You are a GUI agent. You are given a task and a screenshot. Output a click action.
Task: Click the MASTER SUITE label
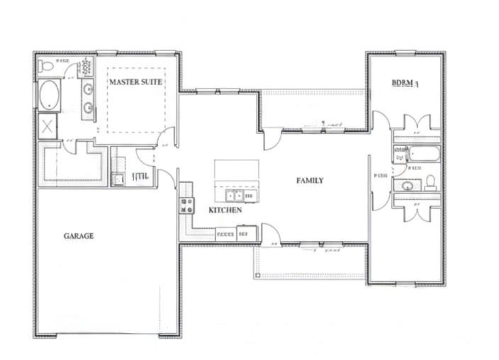coord(135,82)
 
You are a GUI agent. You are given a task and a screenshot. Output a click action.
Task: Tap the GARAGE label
coord(78,236)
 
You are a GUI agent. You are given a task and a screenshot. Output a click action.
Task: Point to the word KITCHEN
coord(225,210)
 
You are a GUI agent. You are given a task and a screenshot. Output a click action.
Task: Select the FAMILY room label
coord(310,181)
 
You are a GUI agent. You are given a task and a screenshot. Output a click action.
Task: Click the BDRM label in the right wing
coord(405,83)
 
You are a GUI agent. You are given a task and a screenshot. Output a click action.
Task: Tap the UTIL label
coord(139,177)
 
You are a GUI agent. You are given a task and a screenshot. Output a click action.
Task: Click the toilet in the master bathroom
coord(47,67)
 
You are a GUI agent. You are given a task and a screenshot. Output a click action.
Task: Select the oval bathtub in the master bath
coord(48,96)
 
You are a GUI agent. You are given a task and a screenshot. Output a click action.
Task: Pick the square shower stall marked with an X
coord(48,128)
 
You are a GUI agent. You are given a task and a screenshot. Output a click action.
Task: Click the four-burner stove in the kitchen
coord(187,206)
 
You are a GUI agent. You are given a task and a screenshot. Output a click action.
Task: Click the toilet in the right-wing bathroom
coord(430,183)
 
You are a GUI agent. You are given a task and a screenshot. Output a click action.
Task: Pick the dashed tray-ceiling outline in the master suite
coord(137,100)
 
